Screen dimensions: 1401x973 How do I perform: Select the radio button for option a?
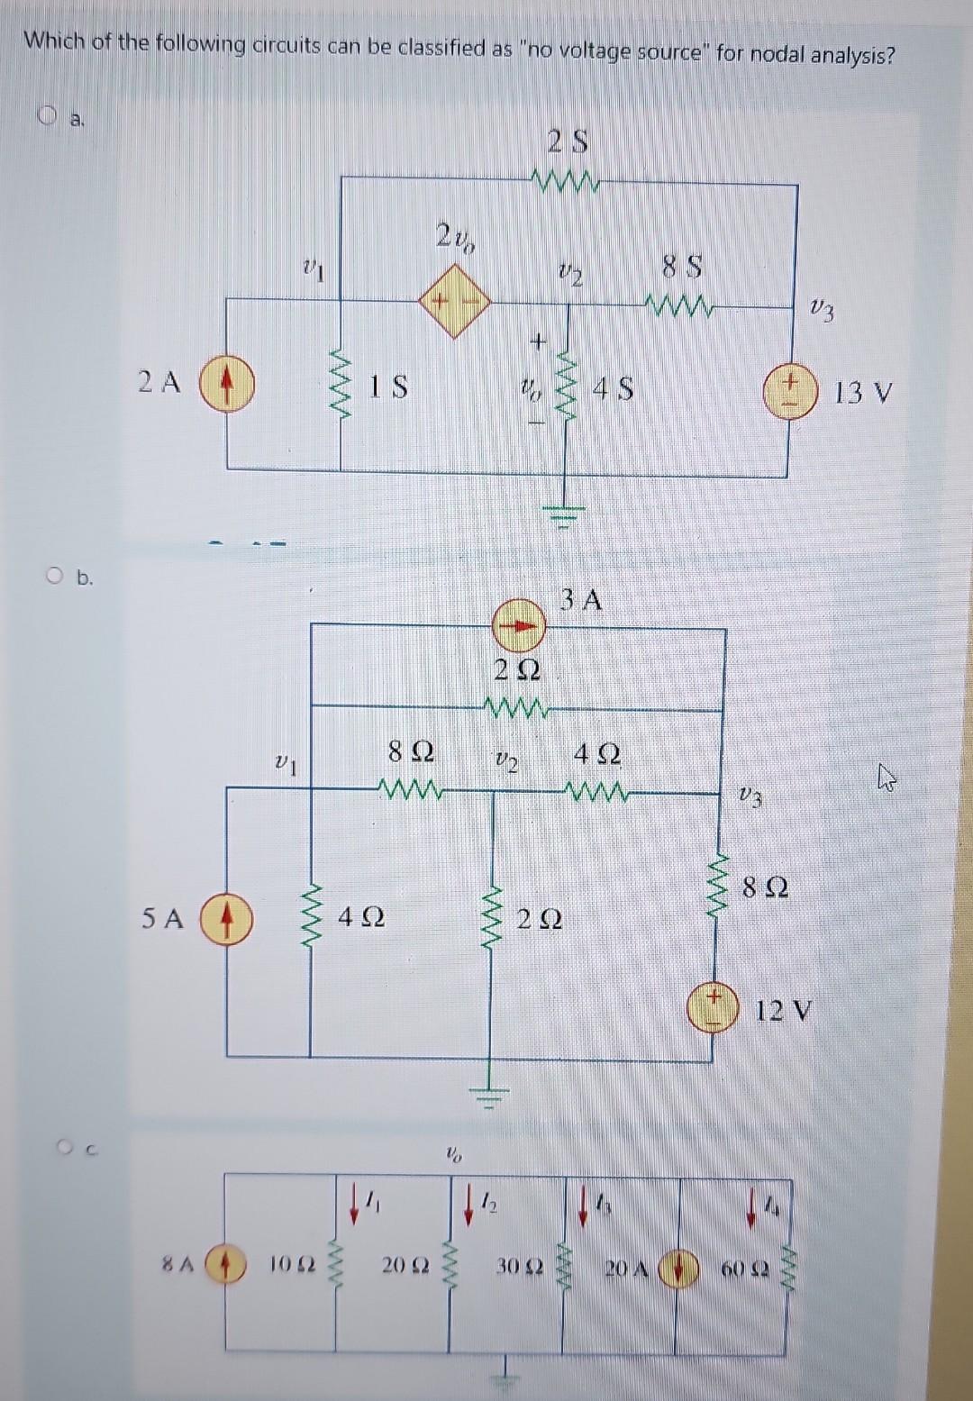point(46,114)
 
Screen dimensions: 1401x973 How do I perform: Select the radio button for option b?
point(57,578)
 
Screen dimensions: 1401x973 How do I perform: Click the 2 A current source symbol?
point(226,383)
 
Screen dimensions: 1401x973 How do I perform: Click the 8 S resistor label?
point(682,268)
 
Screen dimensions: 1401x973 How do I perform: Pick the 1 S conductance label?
point(389,387)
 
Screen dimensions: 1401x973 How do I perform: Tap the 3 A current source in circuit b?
point(519,625)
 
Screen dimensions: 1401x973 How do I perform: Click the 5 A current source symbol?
point(226,917)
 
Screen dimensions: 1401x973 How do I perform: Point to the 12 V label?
point(783,1011)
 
